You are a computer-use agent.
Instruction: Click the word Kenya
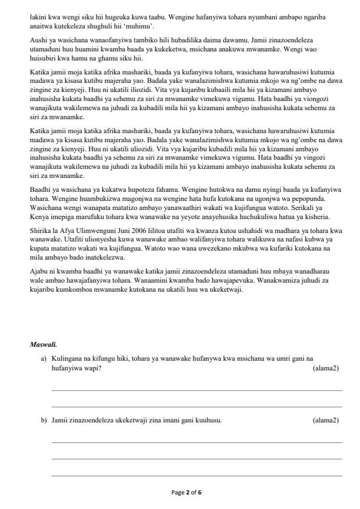click(x=39, y=217)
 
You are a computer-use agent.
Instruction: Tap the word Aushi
click(x=39, y=39)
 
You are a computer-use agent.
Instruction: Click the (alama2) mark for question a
click(x=326, y=368)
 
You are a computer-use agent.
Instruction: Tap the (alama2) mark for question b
click(x=326, y=420)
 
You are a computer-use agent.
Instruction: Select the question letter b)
click(x=44, y=420)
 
